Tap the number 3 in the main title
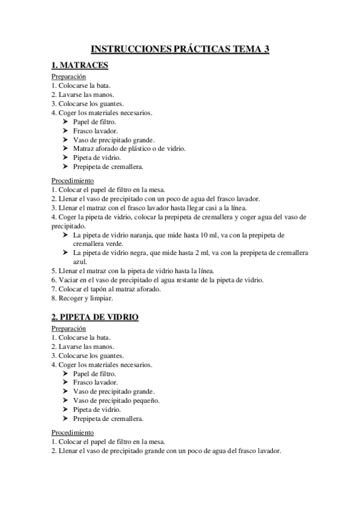coord(265,50)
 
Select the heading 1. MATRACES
coord(80,66)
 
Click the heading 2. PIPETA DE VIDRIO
coord(95,317)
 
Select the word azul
coord(79,262)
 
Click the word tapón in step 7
coord(99,289)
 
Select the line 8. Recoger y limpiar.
coord(82,298)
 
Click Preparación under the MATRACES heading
coord(69,76)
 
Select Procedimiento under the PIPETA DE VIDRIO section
coord(72,432)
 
